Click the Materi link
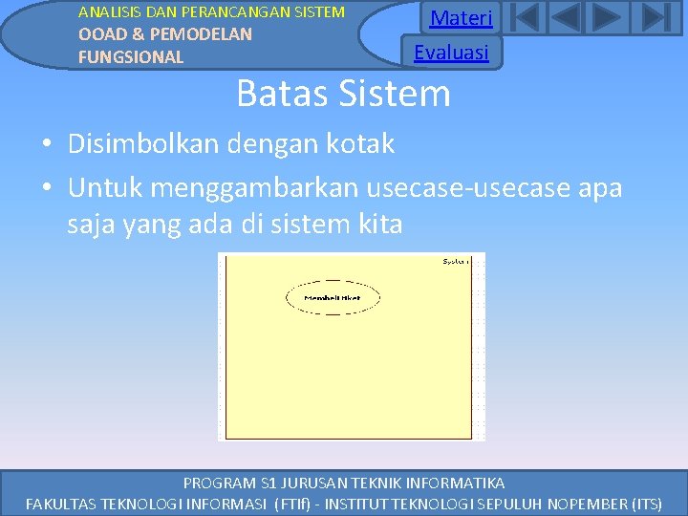coord(462,18)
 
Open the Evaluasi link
coord(451,52)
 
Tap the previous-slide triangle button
coord(567,18)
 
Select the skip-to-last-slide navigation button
coord(655,18)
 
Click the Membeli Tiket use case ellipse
coord(333,298)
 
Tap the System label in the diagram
coord(456,261)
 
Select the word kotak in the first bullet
coord(360,144)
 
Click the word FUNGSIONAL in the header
coord(131,57)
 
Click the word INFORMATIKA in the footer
coord(455,483)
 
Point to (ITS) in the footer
coord(640,503)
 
